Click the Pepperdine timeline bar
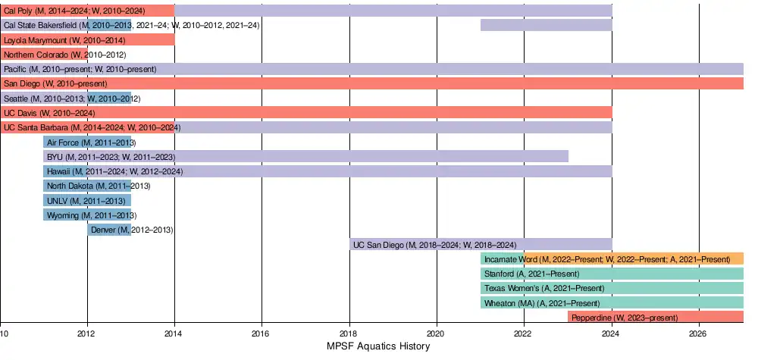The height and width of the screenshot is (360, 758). tap(655, 318)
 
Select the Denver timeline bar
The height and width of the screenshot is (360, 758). tap(109, 230)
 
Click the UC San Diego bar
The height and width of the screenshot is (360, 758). tap(481, 244)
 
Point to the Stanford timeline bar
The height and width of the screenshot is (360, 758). tap(612, 274)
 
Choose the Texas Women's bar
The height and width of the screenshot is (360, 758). tap(612, 288)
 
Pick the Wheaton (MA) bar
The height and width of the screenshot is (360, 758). tap(612, 302)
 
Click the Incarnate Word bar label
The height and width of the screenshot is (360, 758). tap(606, 259)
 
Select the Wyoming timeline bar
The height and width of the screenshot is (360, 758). tap(87, 215)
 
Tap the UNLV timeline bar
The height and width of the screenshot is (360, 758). tap(87, 201)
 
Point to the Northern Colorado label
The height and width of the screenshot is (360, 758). tap(64, 55)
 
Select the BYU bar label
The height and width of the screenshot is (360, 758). tap(111, 157)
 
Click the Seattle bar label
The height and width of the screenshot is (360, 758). tap(72, 99)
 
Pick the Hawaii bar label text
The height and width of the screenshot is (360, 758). tap(114, 171)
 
